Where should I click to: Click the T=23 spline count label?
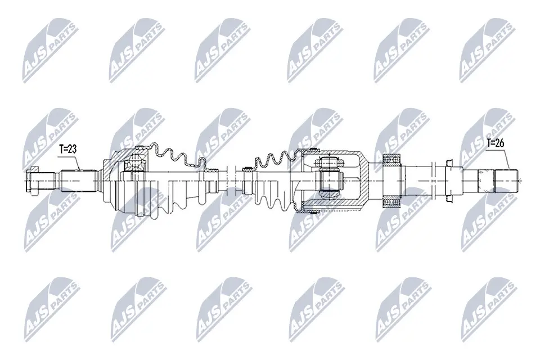[68, 149]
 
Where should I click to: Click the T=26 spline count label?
[495, 143]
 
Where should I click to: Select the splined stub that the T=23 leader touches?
[78, 181]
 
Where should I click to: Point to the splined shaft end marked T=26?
[506, 181]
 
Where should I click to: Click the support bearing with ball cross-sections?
[392, 181]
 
